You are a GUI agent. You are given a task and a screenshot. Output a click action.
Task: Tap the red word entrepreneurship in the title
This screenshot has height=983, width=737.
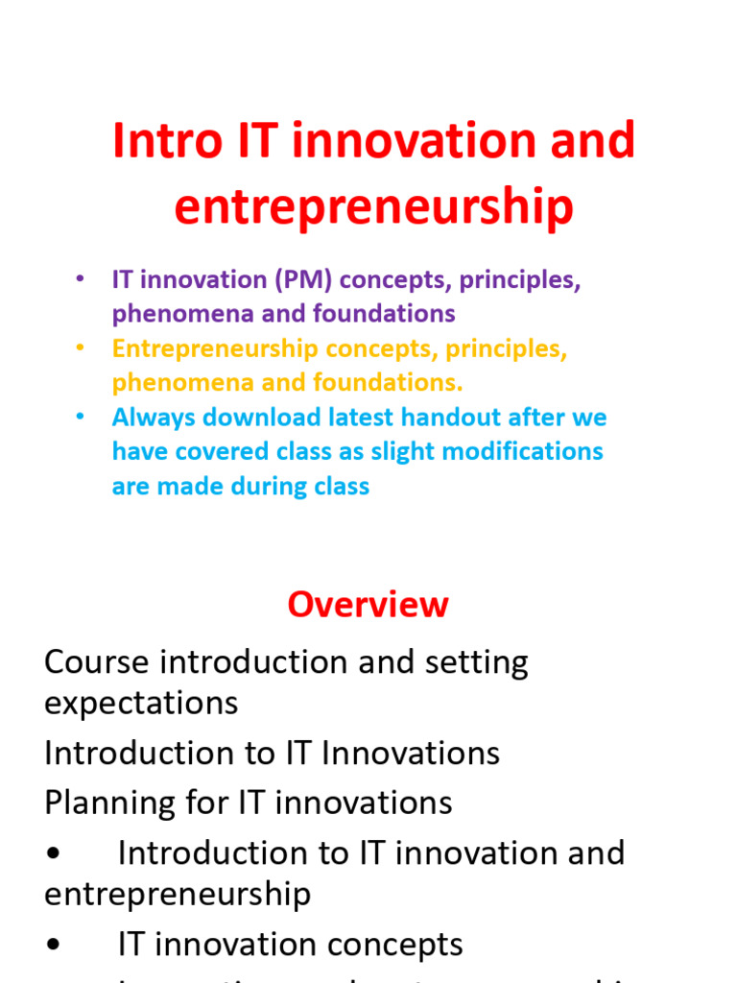373,207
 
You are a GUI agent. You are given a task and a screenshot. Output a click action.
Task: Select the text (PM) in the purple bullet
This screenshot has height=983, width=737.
303,280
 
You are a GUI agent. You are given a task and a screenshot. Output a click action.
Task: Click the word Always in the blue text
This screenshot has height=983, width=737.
149,419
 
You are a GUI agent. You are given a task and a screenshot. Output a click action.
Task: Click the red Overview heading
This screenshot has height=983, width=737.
368,605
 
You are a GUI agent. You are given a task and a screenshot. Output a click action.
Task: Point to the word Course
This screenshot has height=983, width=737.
96,662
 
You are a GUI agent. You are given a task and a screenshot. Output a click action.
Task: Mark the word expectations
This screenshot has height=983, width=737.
141,704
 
